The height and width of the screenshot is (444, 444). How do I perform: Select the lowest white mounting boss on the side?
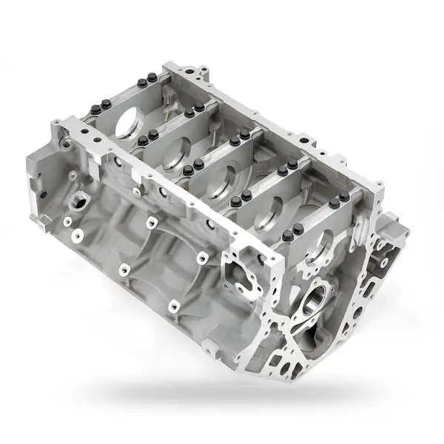(173, 304)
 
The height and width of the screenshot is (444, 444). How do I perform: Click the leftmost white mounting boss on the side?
(67, 222)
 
